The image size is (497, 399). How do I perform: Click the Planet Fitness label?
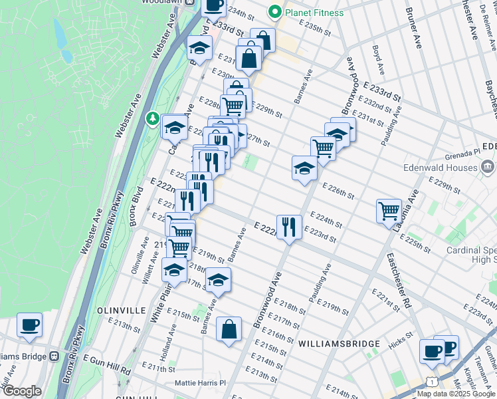tap(314, 13)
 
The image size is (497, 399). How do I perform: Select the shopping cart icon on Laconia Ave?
tap(389, 211)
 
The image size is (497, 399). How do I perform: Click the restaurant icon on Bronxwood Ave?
tap(288, 227)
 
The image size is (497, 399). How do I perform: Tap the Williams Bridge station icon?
tap(54, 356)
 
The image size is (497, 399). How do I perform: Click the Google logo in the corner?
tap(22, 391)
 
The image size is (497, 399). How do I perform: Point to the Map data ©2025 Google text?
tap(456, 394)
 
